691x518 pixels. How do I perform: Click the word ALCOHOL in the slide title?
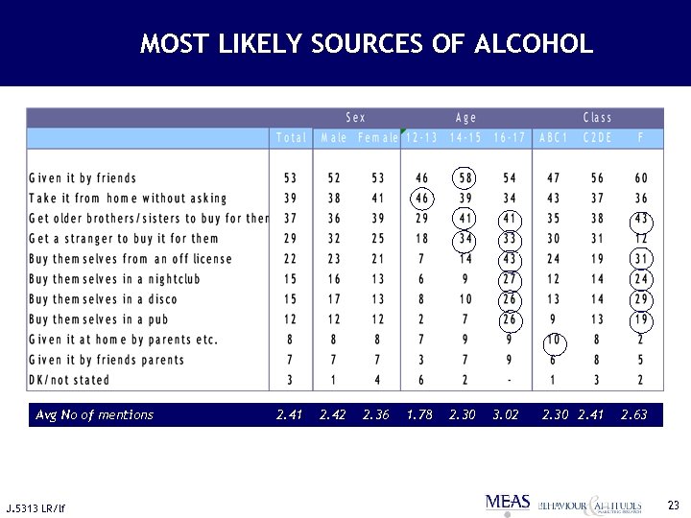(534, 44)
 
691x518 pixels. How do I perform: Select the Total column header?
(291, 138)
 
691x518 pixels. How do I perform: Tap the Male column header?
(334, 138)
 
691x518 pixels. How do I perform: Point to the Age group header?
(466, 118)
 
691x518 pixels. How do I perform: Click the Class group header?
(598, 118)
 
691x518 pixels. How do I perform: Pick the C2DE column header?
(598, 138)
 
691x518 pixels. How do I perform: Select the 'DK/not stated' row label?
(69, 380)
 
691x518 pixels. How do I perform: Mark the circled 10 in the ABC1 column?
(554, 340)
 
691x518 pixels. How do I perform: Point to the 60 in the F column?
(641, 178)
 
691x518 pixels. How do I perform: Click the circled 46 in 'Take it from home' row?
(422, 199)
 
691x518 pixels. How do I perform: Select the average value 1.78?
(419, 415)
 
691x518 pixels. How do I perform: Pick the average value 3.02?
(505, 415)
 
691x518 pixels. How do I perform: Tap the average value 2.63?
(633, 415)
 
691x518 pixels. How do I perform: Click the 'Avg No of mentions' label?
(94, 415)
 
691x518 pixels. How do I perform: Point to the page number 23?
(673, 504)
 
